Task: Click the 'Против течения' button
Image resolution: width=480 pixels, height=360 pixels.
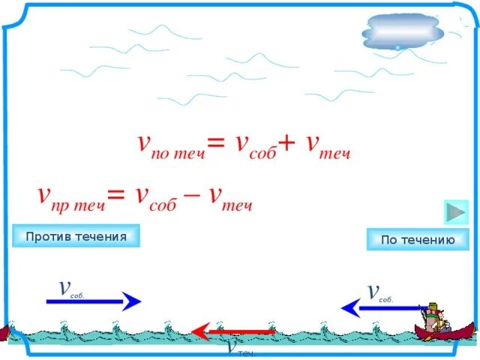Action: click(76, 236)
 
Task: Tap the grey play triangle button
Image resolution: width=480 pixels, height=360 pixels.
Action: click(455, 211)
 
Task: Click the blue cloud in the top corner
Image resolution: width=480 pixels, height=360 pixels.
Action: click(403, 33)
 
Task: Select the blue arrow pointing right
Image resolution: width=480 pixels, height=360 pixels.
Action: click(94, 301)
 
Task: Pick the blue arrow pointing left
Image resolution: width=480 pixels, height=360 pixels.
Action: click(379, 307)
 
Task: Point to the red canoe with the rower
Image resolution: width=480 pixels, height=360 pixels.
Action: click(444, 325)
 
